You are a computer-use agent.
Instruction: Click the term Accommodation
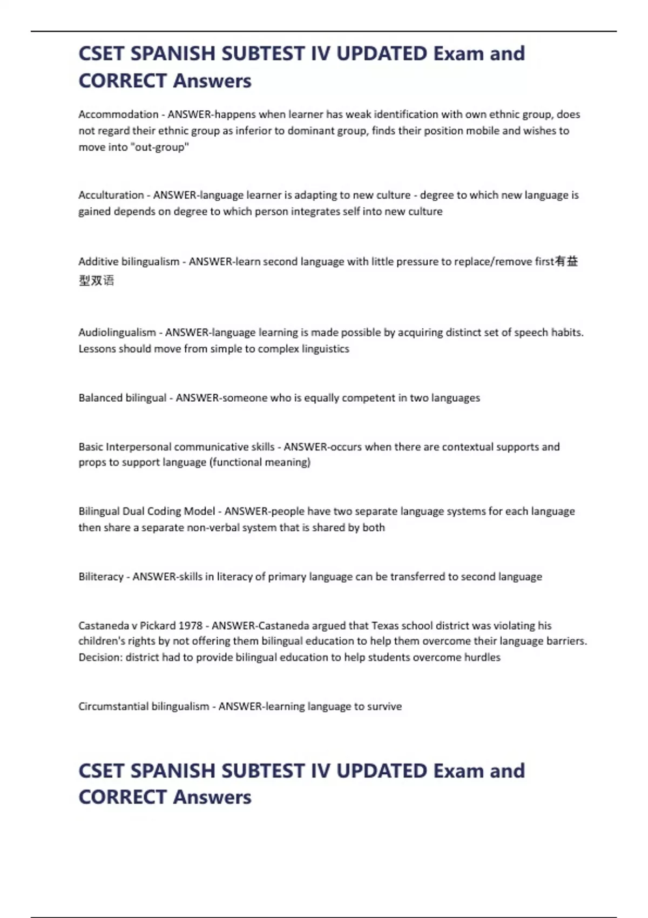(x=118, y=114)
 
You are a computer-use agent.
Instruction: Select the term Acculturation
(x=111, y=195)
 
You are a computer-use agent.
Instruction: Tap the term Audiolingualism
(x=117, y=333)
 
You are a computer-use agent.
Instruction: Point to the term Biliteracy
(x=101, y=577)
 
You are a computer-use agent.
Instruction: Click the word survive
(x=384, y=706)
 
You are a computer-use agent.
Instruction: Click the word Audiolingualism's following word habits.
(x=566, y=333)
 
